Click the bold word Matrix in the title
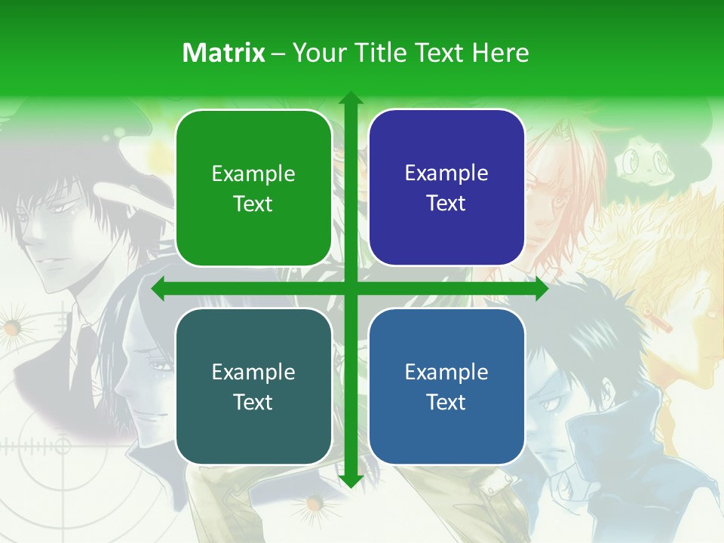pyautogui.click(x=224, y=53)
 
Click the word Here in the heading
pyautogui.click(x=500, y=53)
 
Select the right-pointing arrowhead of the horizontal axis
pyautogui.click(x=541, y=289)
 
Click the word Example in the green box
pyautogui.click(x=253, y=174)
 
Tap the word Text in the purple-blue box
pyautogui.click(x=446, y=204)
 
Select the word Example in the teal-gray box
pyautogui.click(x=253, y=373)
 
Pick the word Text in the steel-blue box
pyautogui.click(x=446, y=402)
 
